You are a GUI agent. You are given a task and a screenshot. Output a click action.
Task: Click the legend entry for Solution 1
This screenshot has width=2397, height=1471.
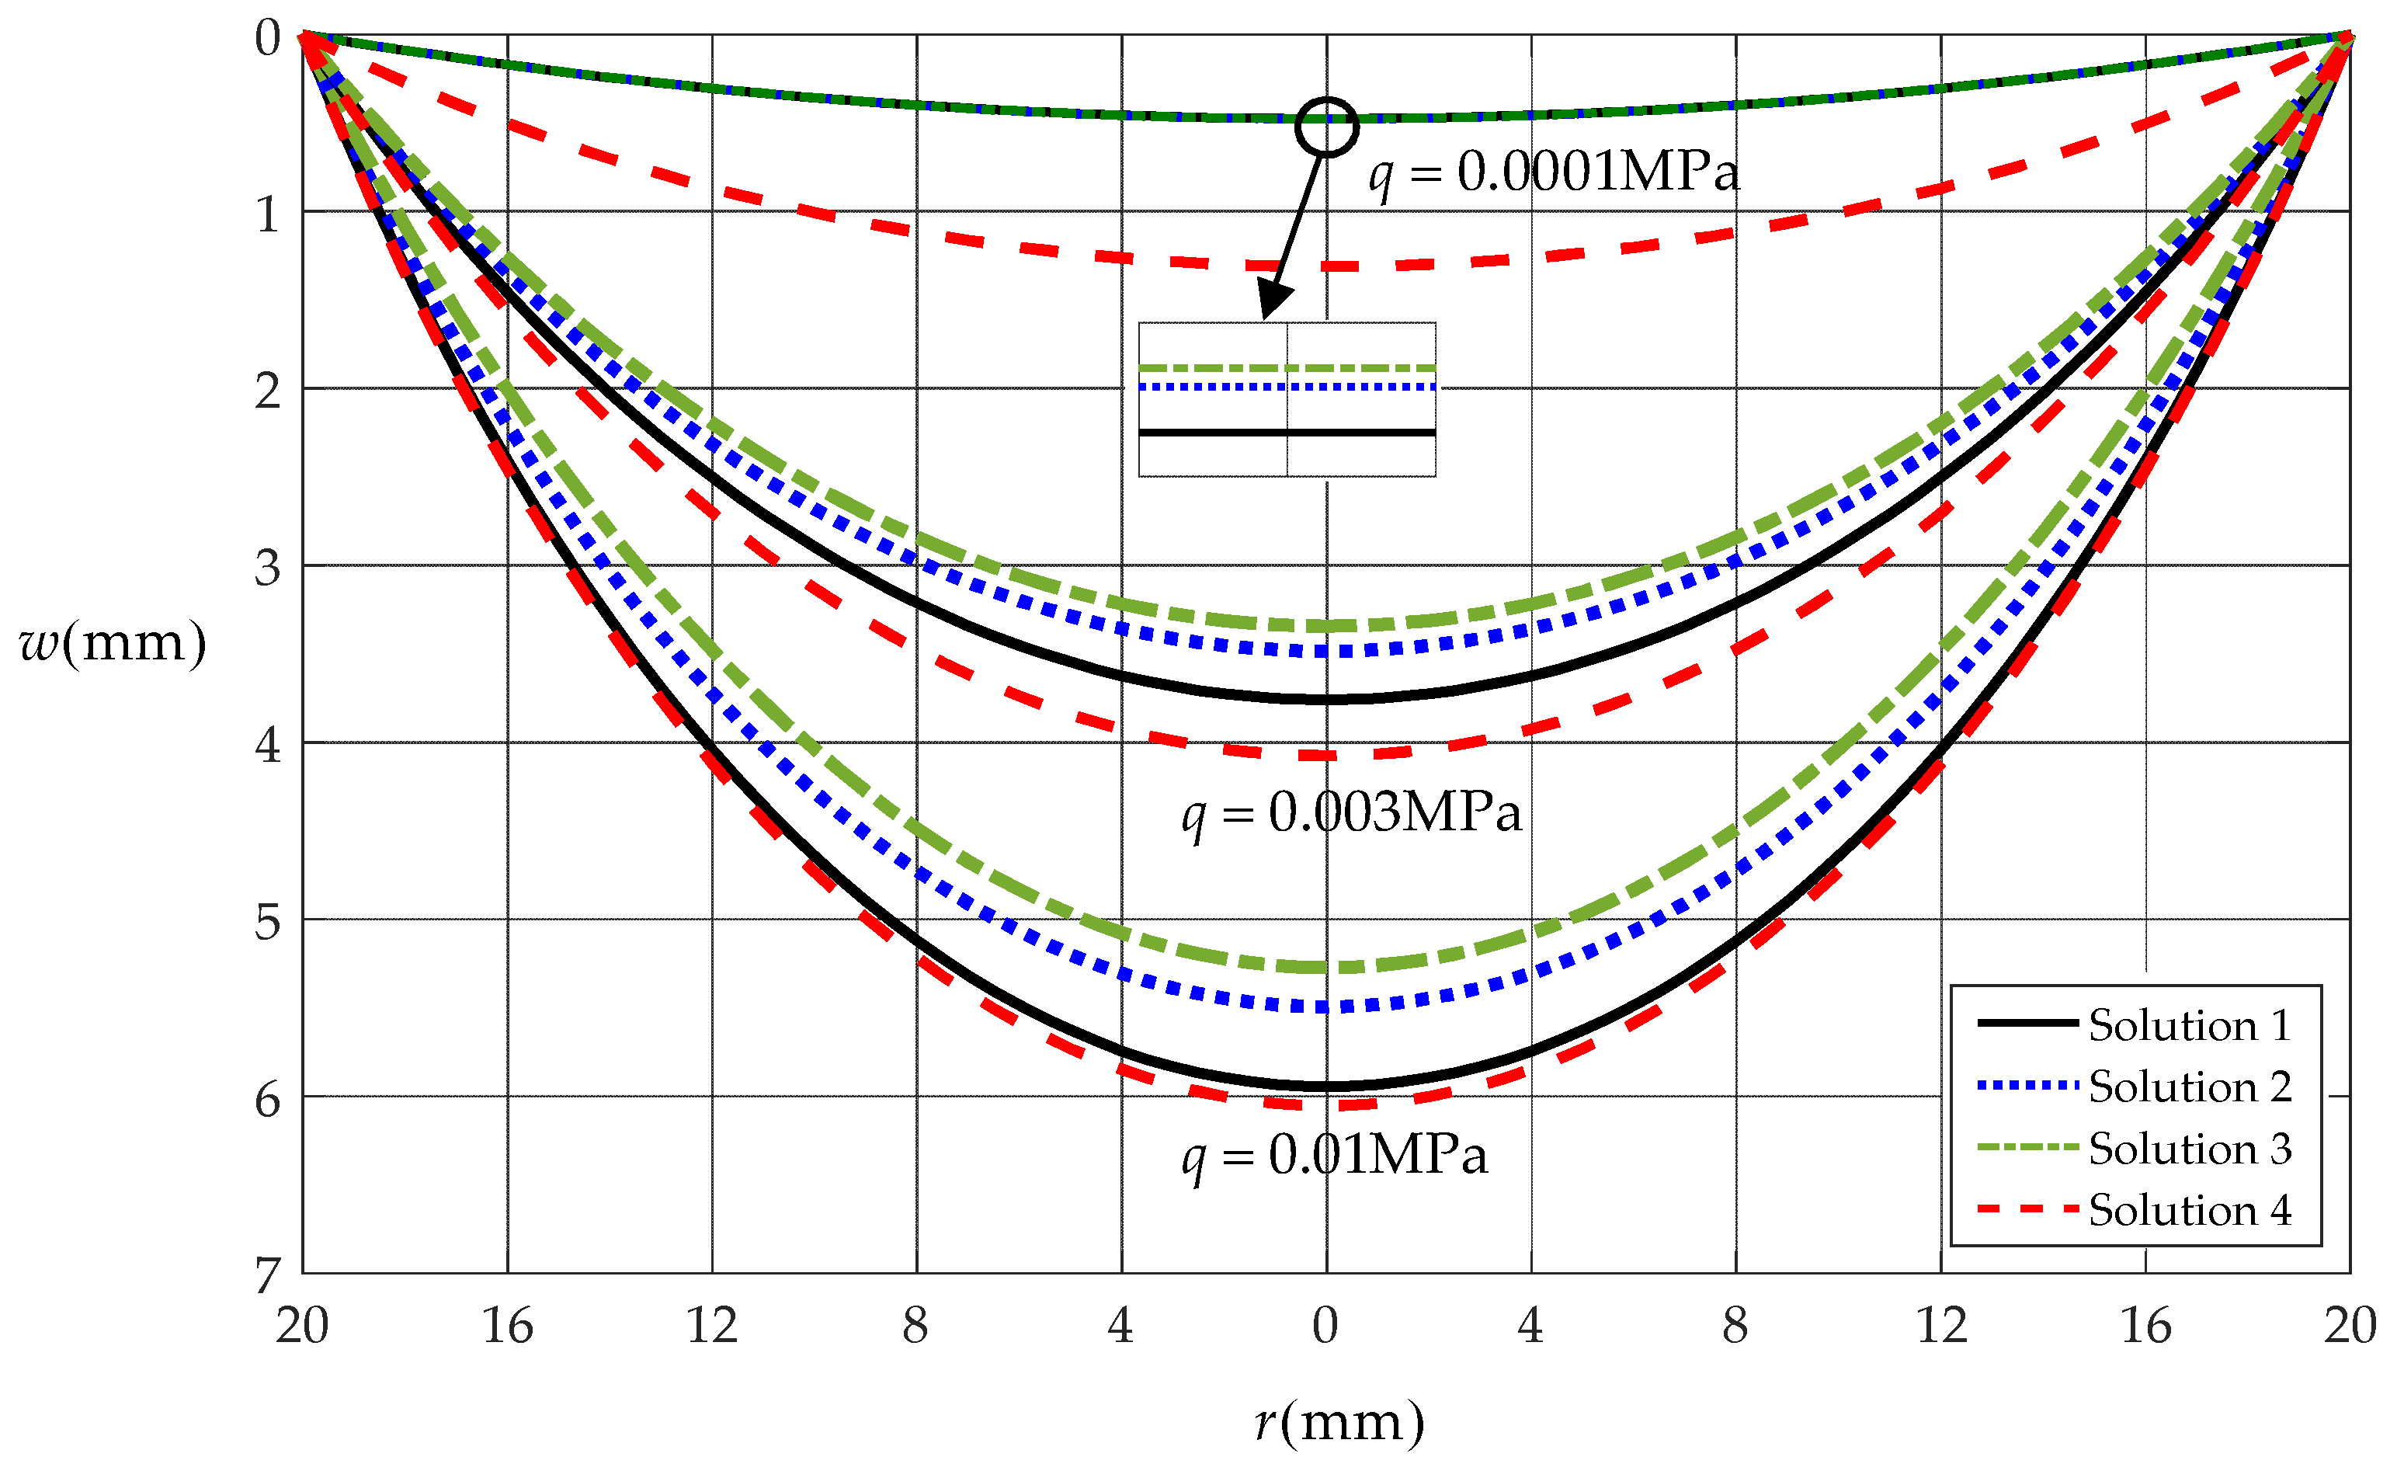click(x=2189, y=1025)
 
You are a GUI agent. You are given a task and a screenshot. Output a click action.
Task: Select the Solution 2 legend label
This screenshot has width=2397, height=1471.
click(x=2189, y=1087)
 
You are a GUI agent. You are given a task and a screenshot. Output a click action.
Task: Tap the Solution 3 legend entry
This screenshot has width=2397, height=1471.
click(x=2189, y=1149)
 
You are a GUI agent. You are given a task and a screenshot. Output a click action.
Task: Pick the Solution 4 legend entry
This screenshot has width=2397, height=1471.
click(x=2189, y=1210)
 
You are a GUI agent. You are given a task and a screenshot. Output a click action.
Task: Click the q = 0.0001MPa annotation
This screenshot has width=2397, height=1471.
click(x=1554, y=173)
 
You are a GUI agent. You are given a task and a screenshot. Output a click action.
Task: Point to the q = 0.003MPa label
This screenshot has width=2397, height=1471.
click(x=1351, y=812)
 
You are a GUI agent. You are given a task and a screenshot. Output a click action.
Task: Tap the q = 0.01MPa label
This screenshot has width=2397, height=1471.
click(x=1335, y=1156)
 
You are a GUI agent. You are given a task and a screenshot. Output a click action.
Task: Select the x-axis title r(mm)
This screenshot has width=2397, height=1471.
click(x=1339, y=1422)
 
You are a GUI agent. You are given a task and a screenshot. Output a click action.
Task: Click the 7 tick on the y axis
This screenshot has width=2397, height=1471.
click(x=268, y=1275)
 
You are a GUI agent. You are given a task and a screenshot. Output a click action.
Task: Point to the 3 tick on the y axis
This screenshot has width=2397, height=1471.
click(x=268, y=567)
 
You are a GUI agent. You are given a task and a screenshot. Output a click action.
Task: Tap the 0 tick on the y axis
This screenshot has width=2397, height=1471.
click(x=268, y=39)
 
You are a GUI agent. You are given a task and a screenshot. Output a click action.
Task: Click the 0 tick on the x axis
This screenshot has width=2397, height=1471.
click(x=1325, y=1326)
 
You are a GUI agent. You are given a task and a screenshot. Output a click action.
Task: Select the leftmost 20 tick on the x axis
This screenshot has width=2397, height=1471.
click(x=301, y=1326)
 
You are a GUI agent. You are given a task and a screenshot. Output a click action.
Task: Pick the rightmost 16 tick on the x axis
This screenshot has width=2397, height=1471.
click(x=2145, y=1326)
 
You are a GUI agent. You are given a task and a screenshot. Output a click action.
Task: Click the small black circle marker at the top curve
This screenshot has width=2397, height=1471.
click(x=1326, y=127)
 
